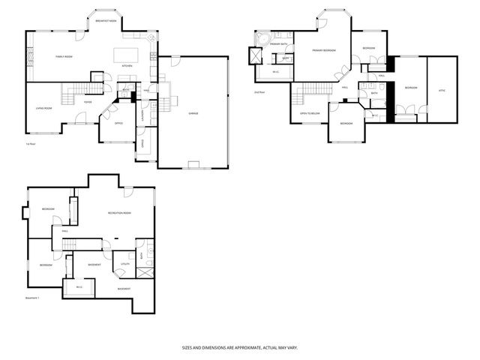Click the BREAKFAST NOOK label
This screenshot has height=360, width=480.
(105, 21)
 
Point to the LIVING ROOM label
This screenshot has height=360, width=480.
(44, 109)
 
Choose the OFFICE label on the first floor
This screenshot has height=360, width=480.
(118, 124)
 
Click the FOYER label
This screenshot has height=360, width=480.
(88, 102)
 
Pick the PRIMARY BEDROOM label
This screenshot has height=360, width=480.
(324, 49)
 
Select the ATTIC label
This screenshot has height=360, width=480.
(442, 90)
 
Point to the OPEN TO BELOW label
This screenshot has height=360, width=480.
(310, 113)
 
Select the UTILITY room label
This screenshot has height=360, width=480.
(124, 265)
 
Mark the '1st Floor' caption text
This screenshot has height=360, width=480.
(31, 143)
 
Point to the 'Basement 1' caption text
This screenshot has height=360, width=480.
(32, 298)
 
